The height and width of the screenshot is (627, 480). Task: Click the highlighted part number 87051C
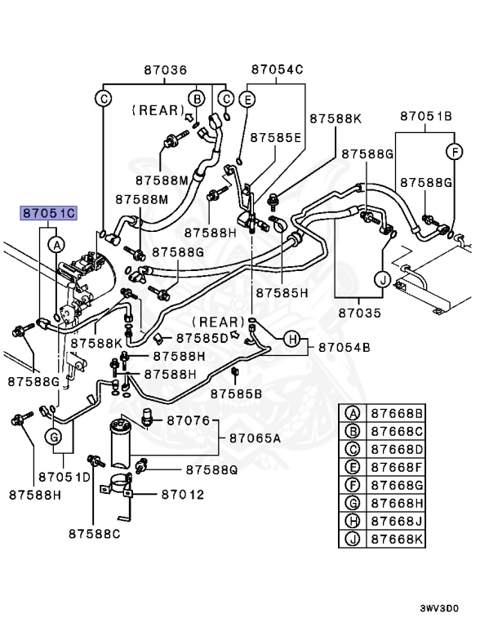pos(48,214)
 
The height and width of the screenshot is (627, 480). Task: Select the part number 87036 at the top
pos(166,70)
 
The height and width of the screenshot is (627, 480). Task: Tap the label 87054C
pos(277,70)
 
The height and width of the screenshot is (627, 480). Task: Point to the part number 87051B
pos(425,117)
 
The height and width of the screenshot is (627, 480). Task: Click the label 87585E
pos(276,137)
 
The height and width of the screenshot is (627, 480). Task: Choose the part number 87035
pos(360,312)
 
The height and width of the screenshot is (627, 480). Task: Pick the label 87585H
pos(282,292)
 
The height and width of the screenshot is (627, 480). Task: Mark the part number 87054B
pos(344,348)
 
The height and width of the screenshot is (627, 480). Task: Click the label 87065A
pos(255,438)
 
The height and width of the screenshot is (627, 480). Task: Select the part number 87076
pos(189,421)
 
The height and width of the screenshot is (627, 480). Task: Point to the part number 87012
pos(182,495)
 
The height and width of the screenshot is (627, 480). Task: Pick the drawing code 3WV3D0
pos(439,608)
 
